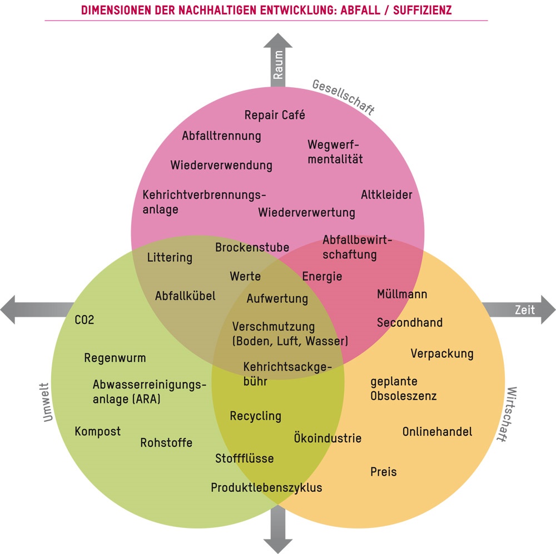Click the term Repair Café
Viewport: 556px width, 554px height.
coord(275,116)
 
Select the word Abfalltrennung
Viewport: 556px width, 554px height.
coord(221,136)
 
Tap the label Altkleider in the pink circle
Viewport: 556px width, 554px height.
coord(386,195)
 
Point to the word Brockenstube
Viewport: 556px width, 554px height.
coord(252,247)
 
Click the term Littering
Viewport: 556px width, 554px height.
coord(170,258)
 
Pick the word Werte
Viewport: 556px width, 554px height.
coord(245,276)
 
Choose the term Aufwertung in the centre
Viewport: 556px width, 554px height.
coord(277,298)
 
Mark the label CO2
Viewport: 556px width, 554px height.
coord(85,320)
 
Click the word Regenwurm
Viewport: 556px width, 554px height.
coord(115,358)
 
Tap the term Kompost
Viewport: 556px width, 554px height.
coord(97,432)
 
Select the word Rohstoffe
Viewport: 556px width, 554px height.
coord(166,443)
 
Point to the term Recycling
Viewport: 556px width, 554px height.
coord(256,416)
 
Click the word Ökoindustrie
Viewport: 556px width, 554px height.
coord(327,438)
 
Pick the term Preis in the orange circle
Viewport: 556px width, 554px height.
coord(384,472)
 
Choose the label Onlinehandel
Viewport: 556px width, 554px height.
coord(437,432)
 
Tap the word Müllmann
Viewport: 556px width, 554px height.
coord(402,294)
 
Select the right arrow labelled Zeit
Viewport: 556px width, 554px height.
coord(519,310)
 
